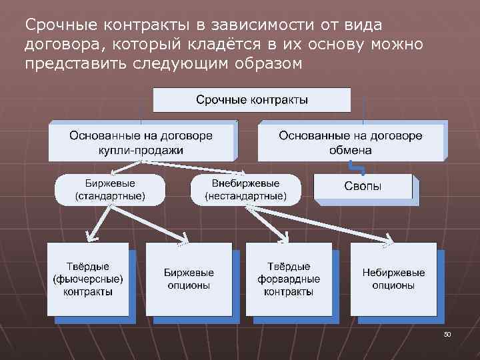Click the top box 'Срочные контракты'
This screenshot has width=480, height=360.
[252, 100]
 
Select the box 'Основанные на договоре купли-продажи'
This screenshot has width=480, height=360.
[141, 141]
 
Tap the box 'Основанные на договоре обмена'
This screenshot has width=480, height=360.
[351, 141]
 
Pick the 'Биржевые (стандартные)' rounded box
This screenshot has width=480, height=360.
[109, 190]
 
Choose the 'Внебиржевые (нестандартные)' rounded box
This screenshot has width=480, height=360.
[245, 190]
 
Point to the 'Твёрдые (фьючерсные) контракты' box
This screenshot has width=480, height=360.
[88, 279]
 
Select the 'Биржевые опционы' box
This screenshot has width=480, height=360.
[188, 279]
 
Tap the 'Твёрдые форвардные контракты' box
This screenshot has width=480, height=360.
[289, 279]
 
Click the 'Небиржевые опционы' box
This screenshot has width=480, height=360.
[393, 279]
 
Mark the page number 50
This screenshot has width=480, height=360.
[447, 333]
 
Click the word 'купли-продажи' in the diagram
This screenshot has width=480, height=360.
[141, 150]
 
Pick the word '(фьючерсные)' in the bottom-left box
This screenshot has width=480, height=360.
[88, 279]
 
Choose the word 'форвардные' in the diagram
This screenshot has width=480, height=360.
[289, 279]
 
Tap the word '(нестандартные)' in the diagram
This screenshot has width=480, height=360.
[245, 197]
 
